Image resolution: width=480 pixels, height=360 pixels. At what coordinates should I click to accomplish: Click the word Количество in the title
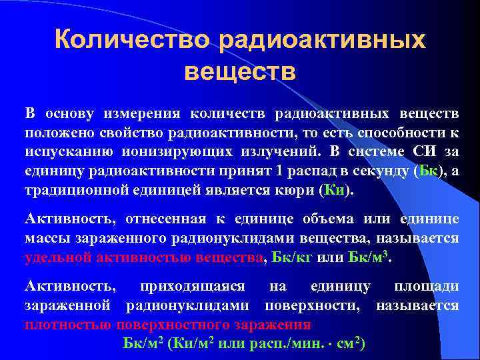pos(132,39)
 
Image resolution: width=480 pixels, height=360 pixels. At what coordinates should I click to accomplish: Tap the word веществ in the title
pos(240,70)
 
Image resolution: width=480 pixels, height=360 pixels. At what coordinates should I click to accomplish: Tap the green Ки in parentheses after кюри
pos(333,189)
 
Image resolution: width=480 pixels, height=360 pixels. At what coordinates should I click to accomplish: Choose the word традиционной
pos(71,189)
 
